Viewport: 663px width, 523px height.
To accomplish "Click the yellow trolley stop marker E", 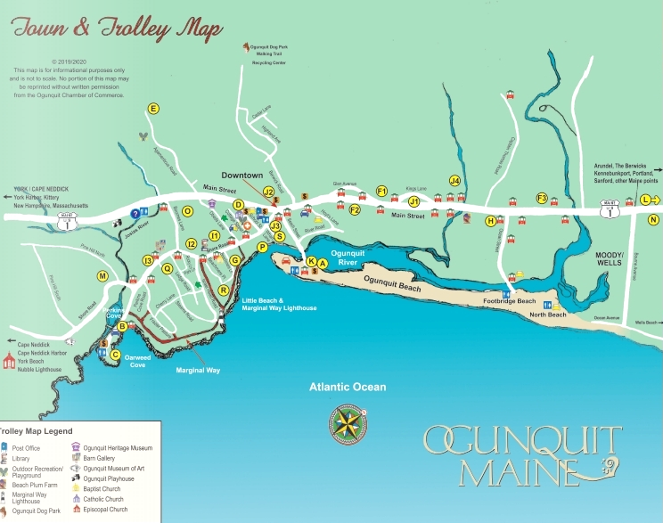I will point(153,109).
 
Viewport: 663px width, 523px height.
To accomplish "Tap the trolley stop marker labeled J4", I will point(454,181).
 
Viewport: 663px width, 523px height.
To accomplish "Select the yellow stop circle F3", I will point(541,198).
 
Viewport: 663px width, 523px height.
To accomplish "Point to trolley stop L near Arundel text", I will point(645,200).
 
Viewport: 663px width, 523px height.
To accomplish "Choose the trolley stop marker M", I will point(103,276).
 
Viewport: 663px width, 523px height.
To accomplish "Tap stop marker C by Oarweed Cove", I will point(115,355).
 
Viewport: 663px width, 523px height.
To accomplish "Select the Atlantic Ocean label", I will point(348,387).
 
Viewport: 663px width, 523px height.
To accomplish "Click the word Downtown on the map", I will point(242,176).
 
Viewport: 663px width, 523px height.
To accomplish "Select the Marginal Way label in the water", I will point(198,370).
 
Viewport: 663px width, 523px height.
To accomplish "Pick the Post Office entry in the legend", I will point(26,448).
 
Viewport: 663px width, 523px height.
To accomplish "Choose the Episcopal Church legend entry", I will point(105,511).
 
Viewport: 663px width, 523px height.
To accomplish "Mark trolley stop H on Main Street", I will point(490,221).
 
